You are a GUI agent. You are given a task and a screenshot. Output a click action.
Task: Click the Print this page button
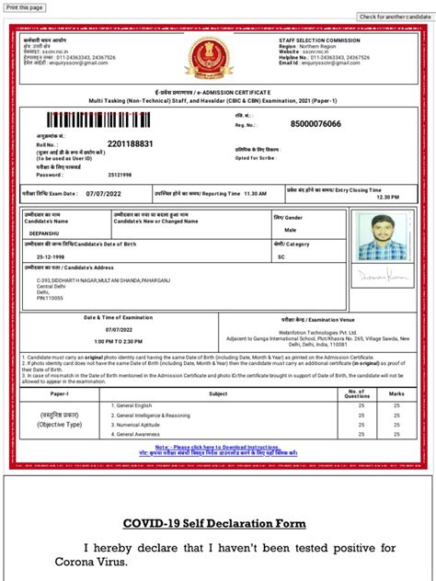point(25,6)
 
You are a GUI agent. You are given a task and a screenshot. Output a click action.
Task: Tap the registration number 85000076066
point(316,124)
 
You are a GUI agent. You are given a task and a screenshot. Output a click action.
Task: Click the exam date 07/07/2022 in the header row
point(103,195)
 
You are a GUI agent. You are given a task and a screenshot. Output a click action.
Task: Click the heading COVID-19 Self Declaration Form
point(217,524)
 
